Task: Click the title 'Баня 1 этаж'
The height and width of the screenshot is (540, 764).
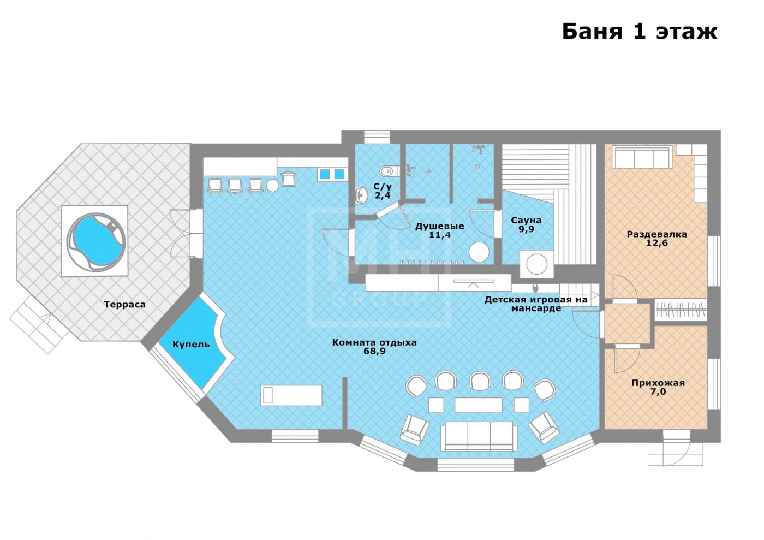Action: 640,32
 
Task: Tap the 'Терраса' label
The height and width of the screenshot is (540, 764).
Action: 124,305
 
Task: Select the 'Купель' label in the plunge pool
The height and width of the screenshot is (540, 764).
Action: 191,345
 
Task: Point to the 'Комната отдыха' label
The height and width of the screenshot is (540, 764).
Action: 374,342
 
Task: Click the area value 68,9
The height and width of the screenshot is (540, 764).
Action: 374,351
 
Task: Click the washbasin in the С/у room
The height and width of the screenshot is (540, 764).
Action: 361,195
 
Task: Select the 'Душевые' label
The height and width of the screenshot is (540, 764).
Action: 439,226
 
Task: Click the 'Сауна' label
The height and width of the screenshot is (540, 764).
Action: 526,221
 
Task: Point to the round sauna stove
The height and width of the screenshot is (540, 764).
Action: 536,264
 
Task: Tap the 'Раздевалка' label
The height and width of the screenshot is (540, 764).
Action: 656,234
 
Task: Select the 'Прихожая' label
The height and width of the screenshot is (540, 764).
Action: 658,383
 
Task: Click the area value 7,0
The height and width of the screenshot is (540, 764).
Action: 658,392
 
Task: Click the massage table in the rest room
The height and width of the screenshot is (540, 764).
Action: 291,395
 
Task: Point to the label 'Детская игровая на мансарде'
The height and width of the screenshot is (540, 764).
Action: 536,304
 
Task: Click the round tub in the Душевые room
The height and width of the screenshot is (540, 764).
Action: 479,252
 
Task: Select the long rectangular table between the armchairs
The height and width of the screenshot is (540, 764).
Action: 478,405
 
